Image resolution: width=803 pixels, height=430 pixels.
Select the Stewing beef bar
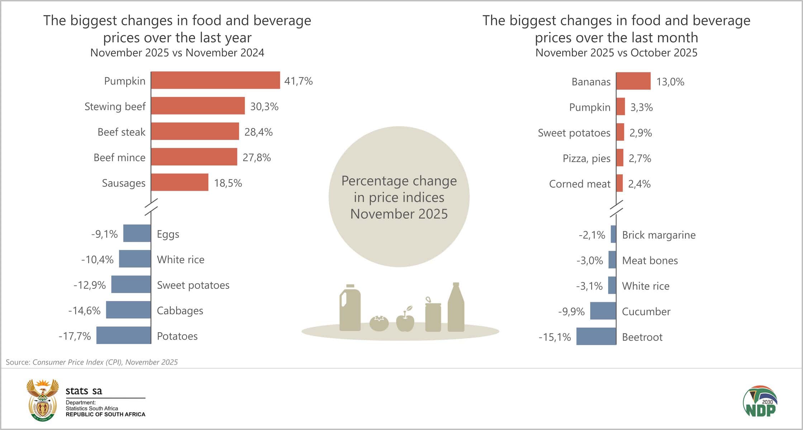click(x=198, y=106)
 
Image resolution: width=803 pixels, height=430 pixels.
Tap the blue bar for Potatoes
click(x=124, y=335)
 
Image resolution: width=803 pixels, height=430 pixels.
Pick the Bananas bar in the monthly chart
click(x=633, y=81)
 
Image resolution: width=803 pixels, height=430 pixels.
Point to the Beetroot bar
click(x=596, y=336)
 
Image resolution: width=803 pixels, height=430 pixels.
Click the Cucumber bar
click(x=603, y=311)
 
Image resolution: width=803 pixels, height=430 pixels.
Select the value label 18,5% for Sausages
click(x=228, y=183)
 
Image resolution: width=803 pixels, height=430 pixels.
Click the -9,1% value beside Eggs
click(x=104, y=234)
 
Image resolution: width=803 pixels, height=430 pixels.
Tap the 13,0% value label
click(x=670, y=82)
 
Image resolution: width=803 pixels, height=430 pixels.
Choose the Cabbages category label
click(x=180, y=311)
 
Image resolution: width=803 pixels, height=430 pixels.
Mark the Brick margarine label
click(x=659, y=235)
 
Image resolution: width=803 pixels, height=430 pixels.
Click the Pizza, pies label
click(x=586, y=158)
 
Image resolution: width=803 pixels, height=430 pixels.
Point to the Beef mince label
click(x=119, y=158)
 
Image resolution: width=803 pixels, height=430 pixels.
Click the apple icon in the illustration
click(x=405, y=320)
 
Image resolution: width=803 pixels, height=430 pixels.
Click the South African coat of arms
click(x=43, y=400)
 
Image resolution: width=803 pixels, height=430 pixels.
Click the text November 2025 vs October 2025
click(x=616, y=53)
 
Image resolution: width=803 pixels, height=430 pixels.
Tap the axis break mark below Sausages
click(x=151, y=207)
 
